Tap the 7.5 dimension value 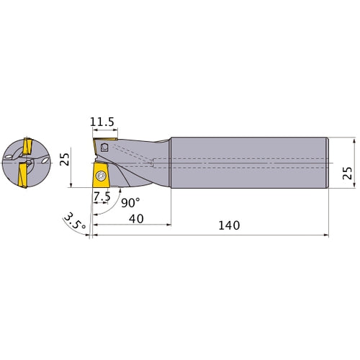click(x=102, y=196)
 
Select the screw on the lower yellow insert click(x=101, y=176)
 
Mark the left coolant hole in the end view click(x=9, y=153)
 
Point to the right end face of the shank click(x=328, y=163)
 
